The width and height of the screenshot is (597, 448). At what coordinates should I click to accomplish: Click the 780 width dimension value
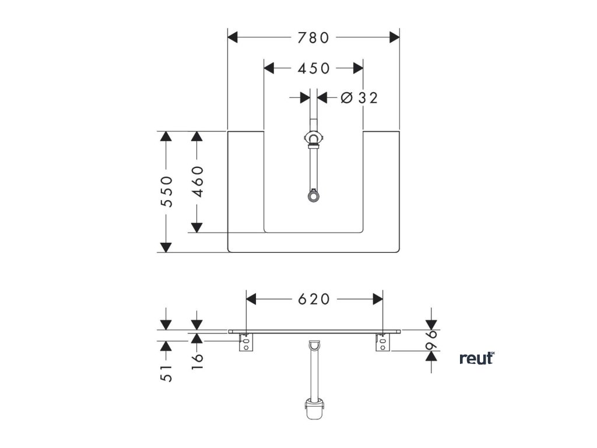pyautogui.click(x=313, y=38)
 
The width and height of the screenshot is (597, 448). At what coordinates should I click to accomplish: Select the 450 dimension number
pyautogui.click(x=314, y=68)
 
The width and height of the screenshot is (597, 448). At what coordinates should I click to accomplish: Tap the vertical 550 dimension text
pyautogui.click(x=167, y=191)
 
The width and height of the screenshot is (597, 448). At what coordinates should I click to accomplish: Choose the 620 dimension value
pyautogui.click(x=314, y=299)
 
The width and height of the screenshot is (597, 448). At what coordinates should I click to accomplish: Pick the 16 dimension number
pyautogui.click(x=197, y=358)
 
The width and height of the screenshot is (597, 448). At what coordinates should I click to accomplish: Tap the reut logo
pyautogui.click(x=477, y=358)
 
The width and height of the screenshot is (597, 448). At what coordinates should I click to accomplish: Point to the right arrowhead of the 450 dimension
pyautogui.click(x=357, y=68)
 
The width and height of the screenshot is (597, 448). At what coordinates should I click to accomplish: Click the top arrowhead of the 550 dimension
pyautogui.click(x=167, y=137)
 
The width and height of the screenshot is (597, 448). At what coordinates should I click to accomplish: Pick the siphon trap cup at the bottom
pyautogui.click(x=314, y=408)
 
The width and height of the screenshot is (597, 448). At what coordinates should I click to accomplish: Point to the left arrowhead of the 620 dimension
pyautogui.click(x=252, y=299)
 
